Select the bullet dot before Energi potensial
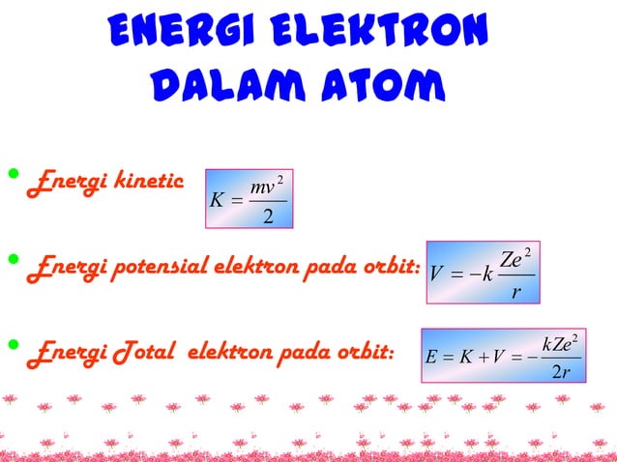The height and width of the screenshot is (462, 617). point(13,259)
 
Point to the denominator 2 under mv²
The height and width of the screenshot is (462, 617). point(267,216)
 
